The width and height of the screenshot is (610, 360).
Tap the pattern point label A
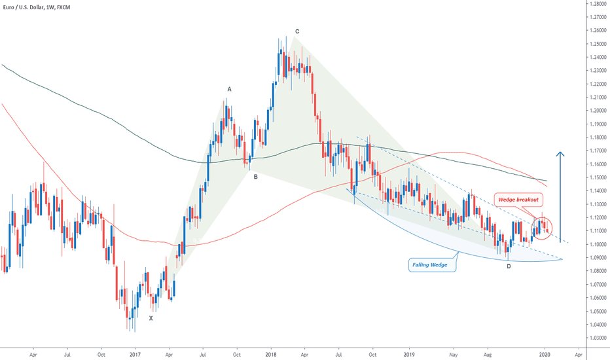click(229, 89)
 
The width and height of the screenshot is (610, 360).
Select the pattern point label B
click(256, 176)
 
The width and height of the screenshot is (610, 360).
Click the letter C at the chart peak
click(297, 31)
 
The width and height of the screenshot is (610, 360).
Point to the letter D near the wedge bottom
click(509, 266)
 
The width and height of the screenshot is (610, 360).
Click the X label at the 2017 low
click(151, 318)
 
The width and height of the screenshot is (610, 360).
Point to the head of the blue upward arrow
click(560, 154)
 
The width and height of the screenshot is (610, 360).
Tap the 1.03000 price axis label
click(596, 338)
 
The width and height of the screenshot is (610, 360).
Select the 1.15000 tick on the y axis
click(596, 177)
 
